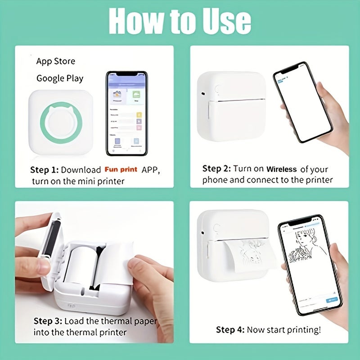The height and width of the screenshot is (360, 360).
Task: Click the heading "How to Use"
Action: pos(180,20)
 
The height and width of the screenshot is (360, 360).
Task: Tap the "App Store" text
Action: pos(56,61)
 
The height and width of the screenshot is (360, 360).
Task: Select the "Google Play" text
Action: pos(60,78)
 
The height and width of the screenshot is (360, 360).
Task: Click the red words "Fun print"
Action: pos(121,170)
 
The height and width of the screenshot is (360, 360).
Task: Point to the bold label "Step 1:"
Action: pos(44,170)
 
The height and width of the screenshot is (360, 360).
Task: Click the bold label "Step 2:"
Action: pos(216,169)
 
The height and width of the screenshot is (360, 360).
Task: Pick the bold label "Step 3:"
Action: pos(48,321)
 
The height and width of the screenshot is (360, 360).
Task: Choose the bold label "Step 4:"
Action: pos(230,330)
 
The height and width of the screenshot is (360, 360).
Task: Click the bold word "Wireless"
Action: pos(282,169)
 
